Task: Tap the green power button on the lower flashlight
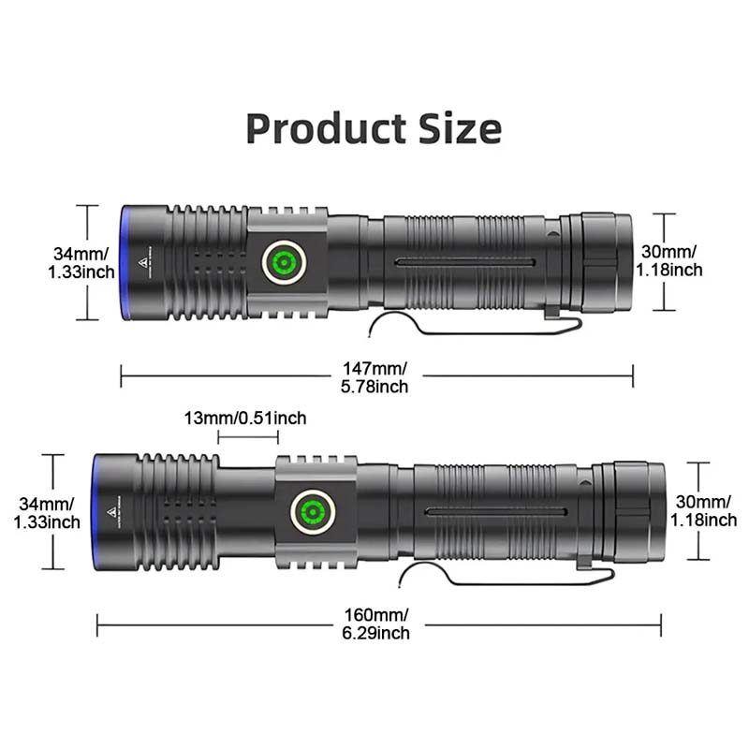click(312, 513)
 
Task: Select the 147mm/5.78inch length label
click(374, 377)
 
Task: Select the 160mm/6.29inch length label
click(374, 624)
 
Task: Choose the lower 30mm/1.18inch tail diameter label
click(704, 511)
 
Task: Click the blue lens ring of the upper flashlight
click(125, 262)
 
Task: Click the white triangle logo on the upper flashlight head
click(147, 261)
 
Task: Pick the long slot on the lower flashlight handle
click(496, 511)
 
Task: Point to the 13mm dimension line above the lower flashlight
click(248, 437)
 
